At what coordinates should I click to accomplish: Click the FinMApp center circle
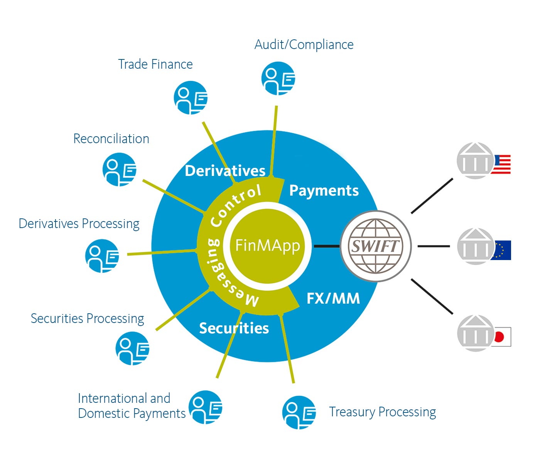[x=267, y=246]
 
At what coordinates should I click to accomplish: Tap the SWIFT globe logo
[x=376, y=246]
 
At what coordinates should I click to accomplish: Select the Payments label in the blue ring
[x=324, y=191]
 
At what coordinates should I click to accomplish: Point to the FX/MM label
[x=333, y=298]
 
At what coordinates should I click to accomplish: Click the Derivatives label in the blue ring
[x=225, y=171]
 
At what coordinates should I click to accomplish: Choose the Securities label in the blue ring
[x=234, y=328]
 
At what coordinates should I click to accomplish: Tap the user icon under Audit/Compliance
[x=278, y=79]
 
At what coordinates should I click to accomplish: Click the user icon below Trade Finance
[x=191, y=98]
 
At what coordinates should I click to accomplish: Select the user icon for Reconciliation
[x=120, y=169]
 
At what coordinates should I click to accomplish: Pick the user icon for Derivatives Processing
[x=102, y=256]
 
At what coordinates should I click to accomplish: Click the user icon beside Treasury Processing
[x=299, y=412]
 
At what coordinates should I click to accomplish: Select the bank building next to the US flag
[x=475, y=161]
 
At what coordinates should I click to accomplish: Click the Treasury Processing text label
[x=382, y=412]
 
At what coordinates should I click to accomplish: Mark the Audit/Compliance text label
[x=304, y=45]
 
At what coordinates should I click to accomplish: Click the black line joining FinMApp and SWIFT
[x=326, y=246]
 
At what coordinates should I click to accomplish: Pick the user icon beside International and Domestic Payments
[x=206, y=407]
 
